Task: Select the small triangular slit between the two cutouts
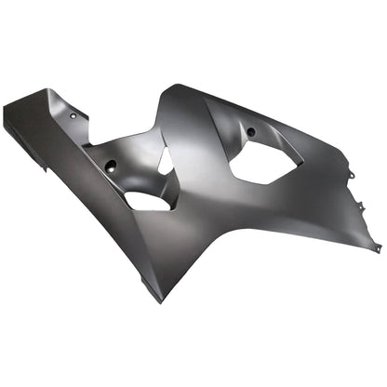coord(165,162)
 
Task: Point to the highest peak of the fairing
coord(173,87)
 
